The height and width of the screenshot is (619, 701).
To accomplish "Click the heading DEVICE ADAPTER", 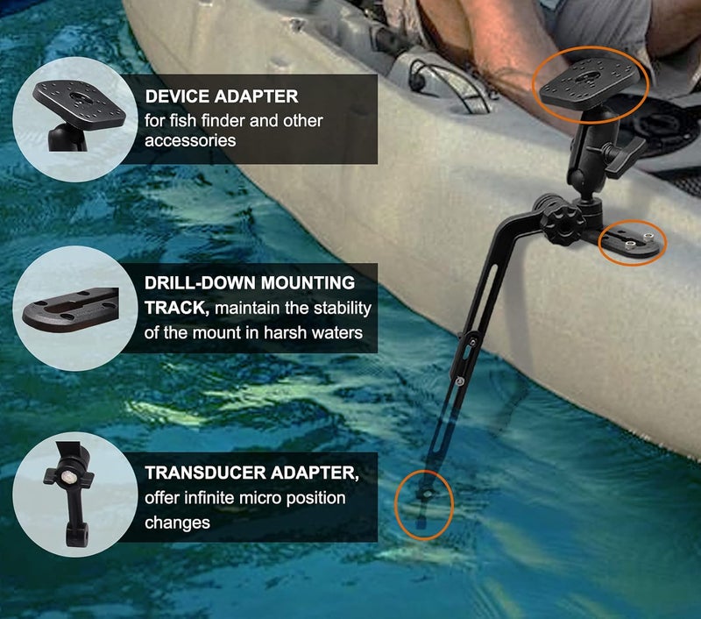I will tap(222, 96).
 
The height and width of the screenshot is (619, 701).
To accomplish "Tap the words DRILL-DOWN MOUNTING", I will tap(250, 283).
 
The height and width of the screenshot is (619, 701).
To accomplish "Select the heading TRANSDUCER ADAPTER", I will tap(252, 473).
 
